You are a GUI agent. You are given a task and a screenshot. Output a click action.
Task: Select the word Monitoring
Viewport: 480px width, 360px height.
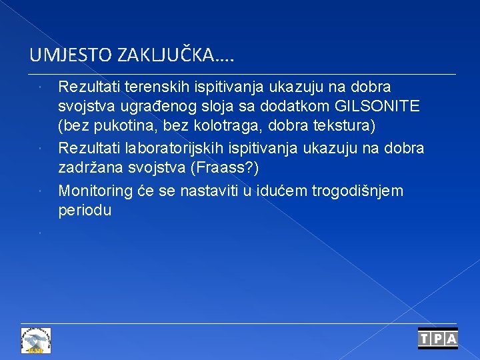(x=95, y=191)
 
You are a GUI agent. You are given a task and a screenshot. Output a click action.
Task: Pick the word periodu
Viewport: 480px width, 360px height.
(x=85, y=210)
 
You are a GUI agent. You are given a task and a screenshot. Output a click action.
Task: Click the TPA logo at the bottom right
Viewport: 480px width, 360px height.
(x=437, y=339)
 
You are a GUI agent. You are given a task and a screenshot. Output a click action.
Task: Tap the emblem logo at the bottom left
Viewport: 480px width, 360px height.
(x=36, y=340)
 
